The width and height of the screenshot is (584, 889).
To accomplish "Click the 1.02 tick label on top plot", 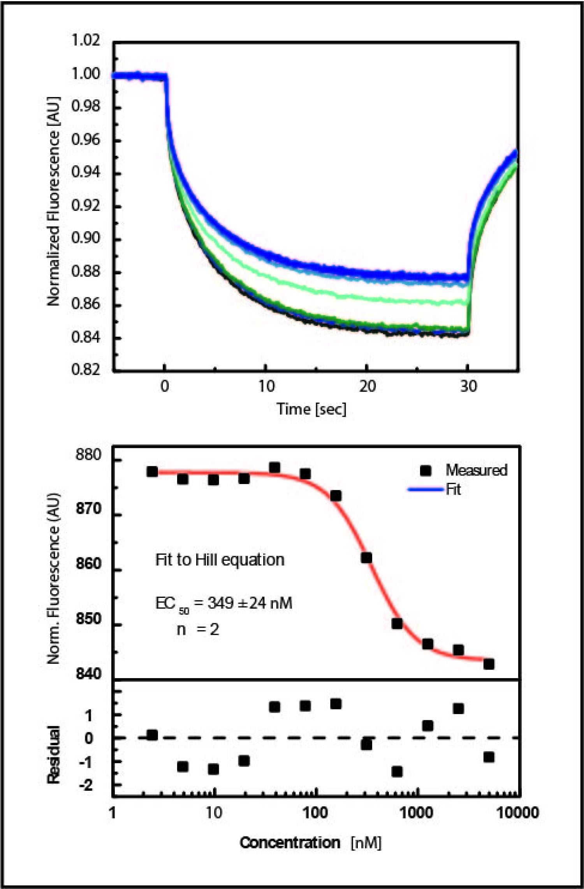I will pyautogui.click(x=86, y=40).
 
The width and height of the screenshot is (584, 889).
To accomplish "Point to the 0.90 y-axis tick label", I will pyautogui.click(x=86, y=237).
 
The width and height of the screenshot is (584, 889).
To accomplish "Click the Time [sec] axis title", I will pyautogui.click(x=311, y=409).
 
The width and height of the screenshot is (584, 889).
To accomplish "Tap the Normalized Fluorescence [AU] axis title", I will pyautogui.click(x=53, y=201).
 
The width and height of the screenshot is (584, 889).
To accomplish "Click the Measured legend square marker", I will pyautogui.click(x=426, y=470).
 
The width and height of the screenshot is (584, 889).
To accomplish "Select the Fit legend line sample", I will pyautogui.click(x=426, y=489).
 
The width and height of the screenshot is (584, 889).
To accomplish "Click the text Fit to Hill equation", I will pyautogui.click(x=220, y=560).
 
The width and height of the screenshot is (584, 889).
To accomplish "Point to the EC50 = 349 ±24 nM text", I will pyautogui.click(x=223, y=603).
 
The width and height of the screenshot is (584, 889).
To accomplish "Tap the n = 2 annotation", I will pyautogui.click(x=198, y=629).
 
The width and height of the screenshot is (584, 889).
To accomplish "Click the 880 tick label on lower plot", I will pyautogui.click(x=88, y=454).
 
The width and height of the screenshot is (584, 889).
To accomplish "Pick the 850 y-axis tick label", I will pyautogui.click(x=88, y=619).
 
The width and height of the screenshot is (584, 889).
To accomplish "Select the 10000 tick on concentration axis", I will pyautogui.click(x=518, y=813).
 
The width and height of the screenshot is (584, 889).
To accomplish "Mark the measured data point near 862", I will pyautogui.click(x=366, y=558).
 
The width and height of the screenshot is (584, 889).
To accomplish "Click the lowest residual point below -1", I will pyautogui.click(x=397, y=772).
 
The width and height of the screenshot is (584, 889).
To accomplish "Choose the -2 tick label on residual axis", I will pyautogui.click(x=86, y=785).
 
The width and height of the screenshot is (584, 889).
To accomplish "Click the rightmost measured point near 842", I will pyautogui.click(x=489, y=664).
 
